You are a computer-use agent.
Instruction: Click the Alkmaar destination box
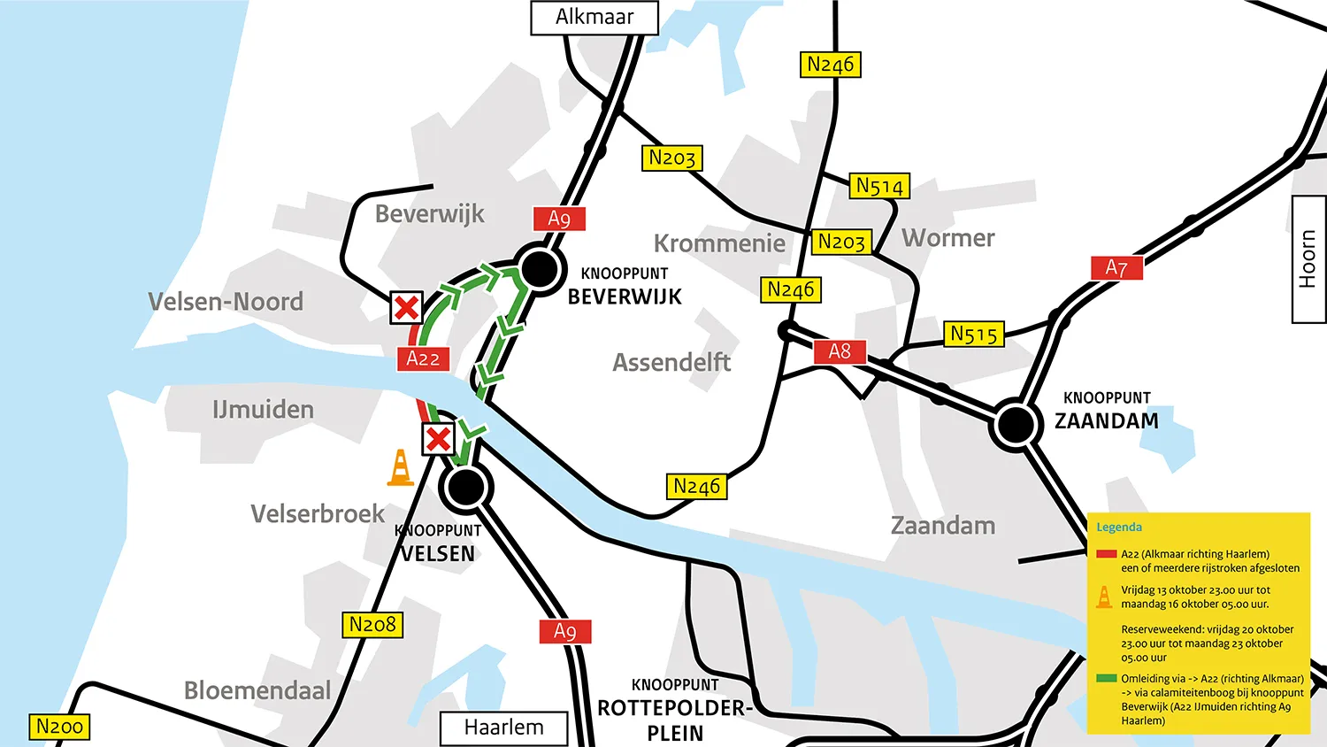click(594, 18)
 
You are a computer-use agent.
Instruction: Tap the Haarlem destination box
click(504, 728)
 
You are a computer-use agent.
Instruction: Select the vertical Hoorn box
click(1308, 258)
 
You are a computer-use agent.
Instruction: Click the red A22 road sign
click(423, 358)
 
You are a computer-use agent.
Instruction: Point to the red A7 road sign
click(1116, 267)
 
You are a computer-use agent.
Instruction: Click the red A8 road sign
click(840, 351)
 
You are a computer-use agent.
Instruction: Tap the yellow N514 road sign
click(879, 186)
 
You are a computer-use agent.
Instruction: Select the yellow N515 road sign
click(974, 334)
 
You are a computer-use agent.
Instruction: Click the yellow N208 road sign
click(372, 625)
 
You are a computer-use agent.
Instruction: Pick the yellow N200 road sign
click(59, 727)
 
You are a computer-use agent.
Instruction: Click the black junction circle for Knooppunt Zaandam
click(1016, 425)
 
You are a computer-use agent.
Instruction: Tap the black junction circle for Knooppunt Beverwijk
click(540, 267)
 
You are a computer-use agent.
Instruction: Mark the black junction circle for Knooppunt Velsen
click(465, 487)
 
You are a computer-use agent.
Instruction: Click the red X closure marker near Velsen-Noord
click(407, 308)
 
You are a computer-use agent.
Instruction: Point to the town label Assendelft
click(671, 362)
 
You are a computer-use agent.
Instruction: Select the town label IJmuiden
click(263, 410)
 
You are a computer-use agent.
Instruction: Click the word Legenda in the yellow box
click(1118, 528)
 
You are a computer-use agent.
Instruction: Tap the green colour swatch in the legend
click(1106, 679)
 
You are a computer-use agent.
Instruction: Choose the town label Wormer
click(948, 238)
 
